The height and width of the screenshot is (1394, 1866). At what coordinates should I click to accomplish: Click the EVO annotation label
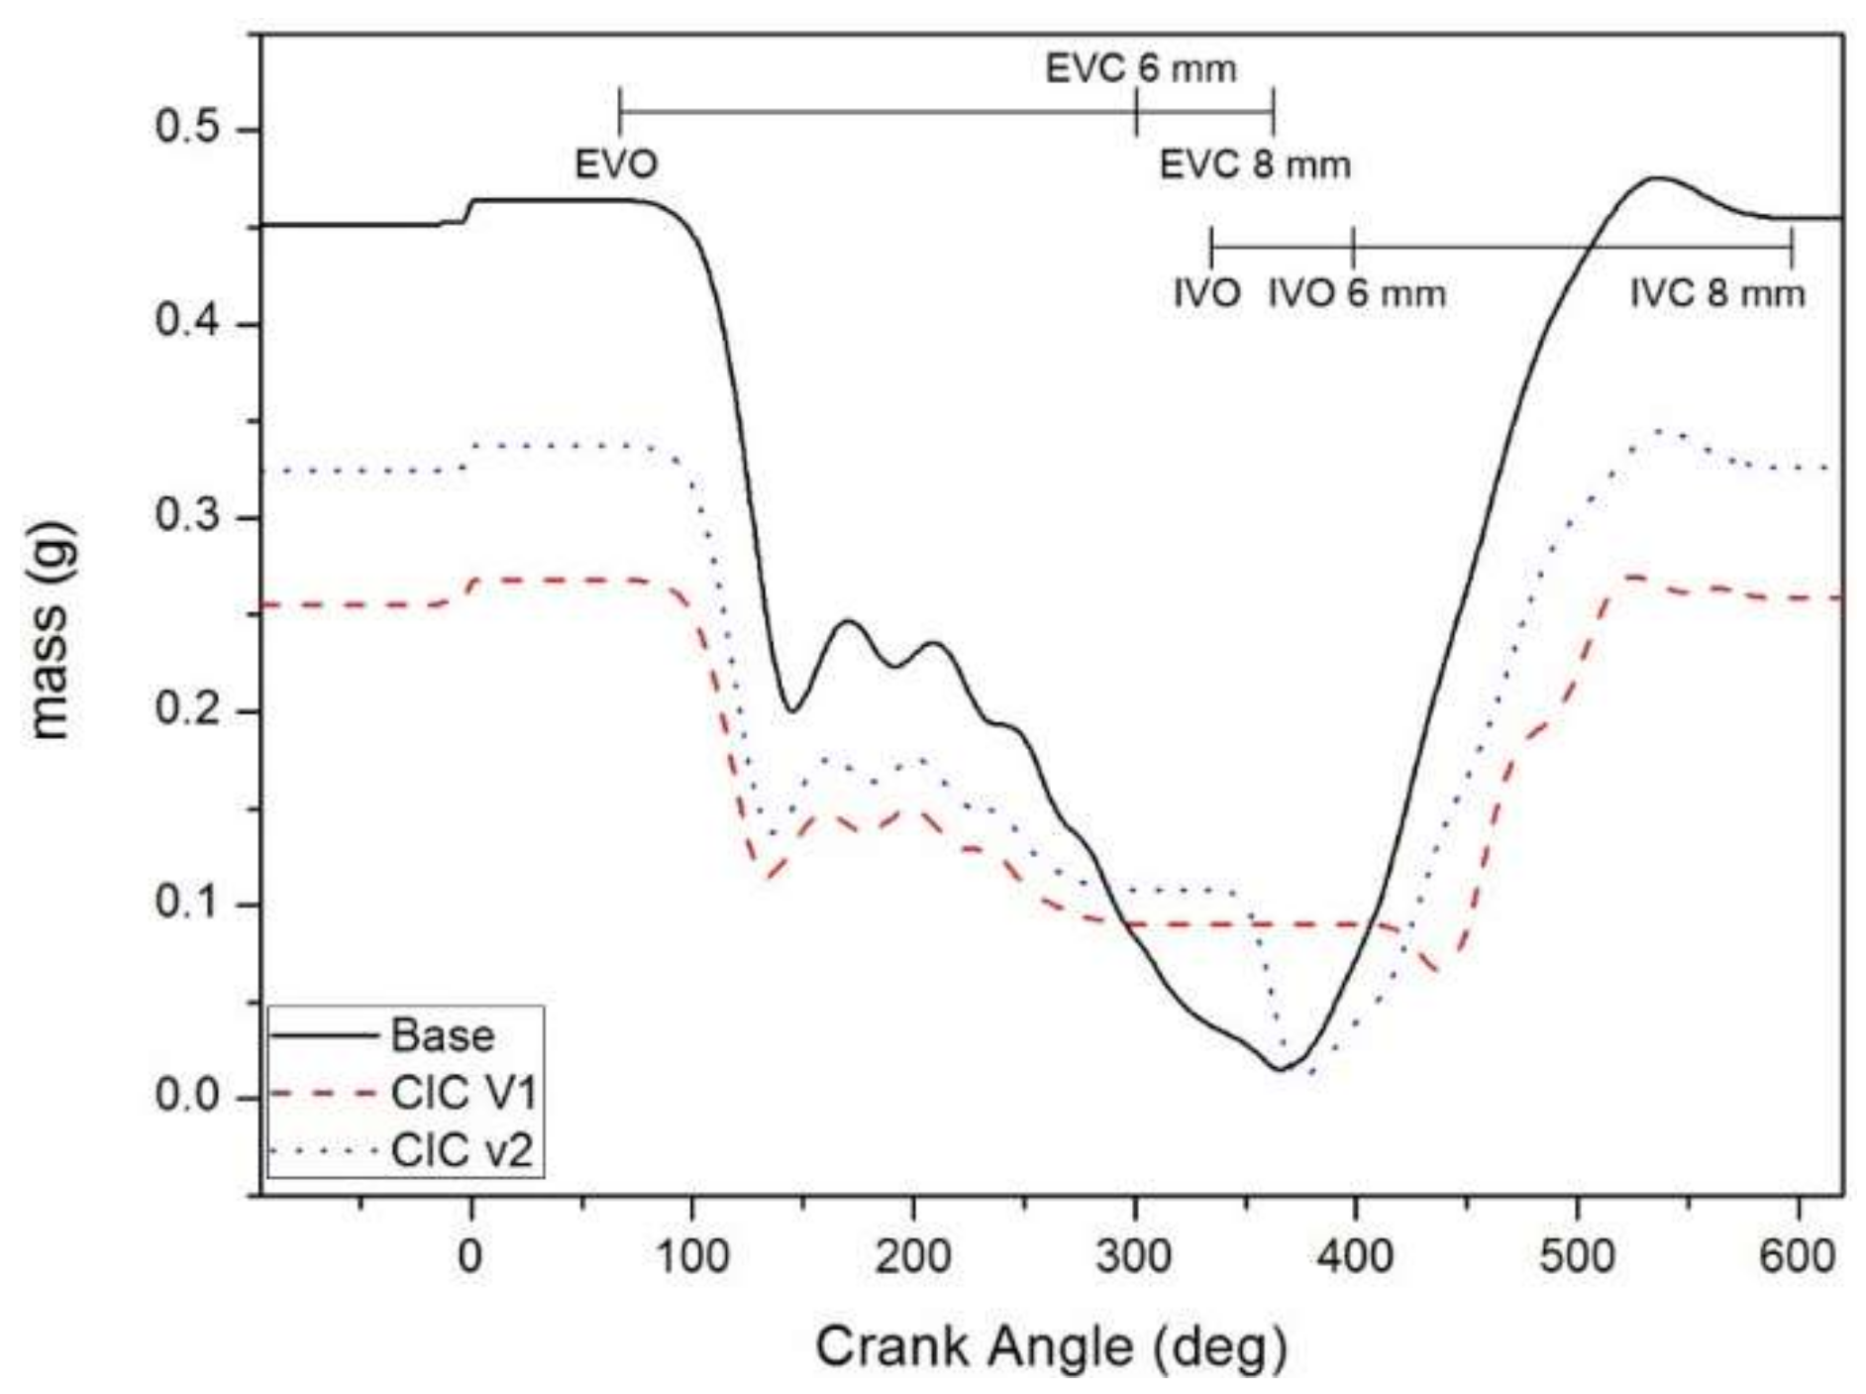tap(616, 164)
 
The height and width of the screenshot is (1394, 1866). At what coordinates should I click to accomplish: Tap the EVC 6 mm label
tap(1141, 69)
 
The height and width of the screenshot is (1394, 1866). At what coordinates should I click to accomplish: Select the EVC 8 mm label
tap(1255, 164)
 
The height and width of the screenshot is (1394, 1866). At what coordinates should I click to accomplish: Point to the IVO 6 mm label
tap(1357, 294)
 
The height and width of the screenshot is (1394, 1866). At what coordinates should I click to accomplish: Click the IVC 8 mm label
tap(1717, 294)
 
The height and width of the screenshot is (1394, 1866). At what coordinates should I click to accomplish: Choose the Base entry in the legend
tap(443, 1036)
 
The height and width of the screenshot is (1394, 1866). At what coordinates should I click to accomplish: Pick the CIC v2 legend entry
tap(463, 1151)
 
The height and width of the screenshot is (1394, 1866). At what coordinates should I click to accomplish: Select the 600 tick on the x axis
tap(1797, 1257)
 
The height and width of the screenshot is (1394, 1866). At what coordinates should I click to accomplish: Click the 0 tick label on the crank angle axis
tap(471, 1257)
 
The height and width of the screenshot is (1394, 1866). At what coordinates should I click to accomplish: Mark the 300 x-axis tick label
tap(1134, 1257)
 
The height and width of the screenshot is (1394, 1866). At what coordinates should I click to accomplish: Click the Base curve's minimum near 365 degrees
tap(1280, 1069)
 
